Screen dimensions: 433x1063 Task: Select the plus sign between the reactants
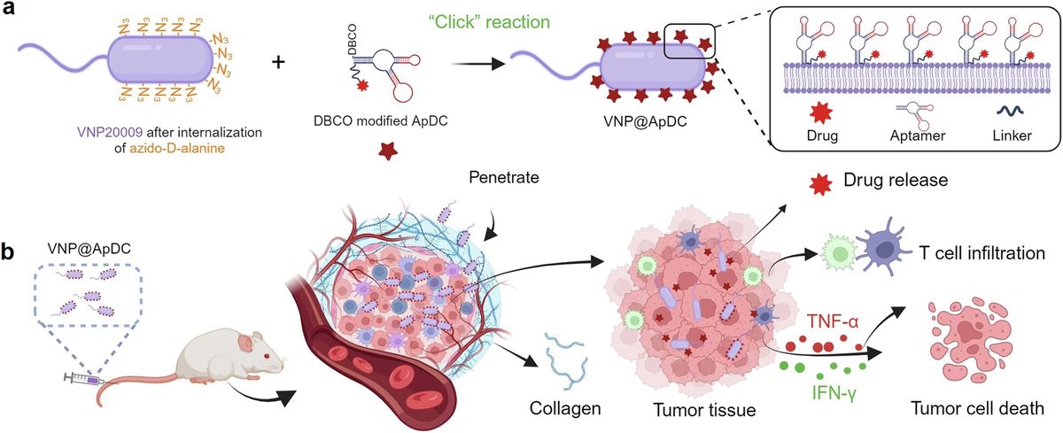291,66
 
